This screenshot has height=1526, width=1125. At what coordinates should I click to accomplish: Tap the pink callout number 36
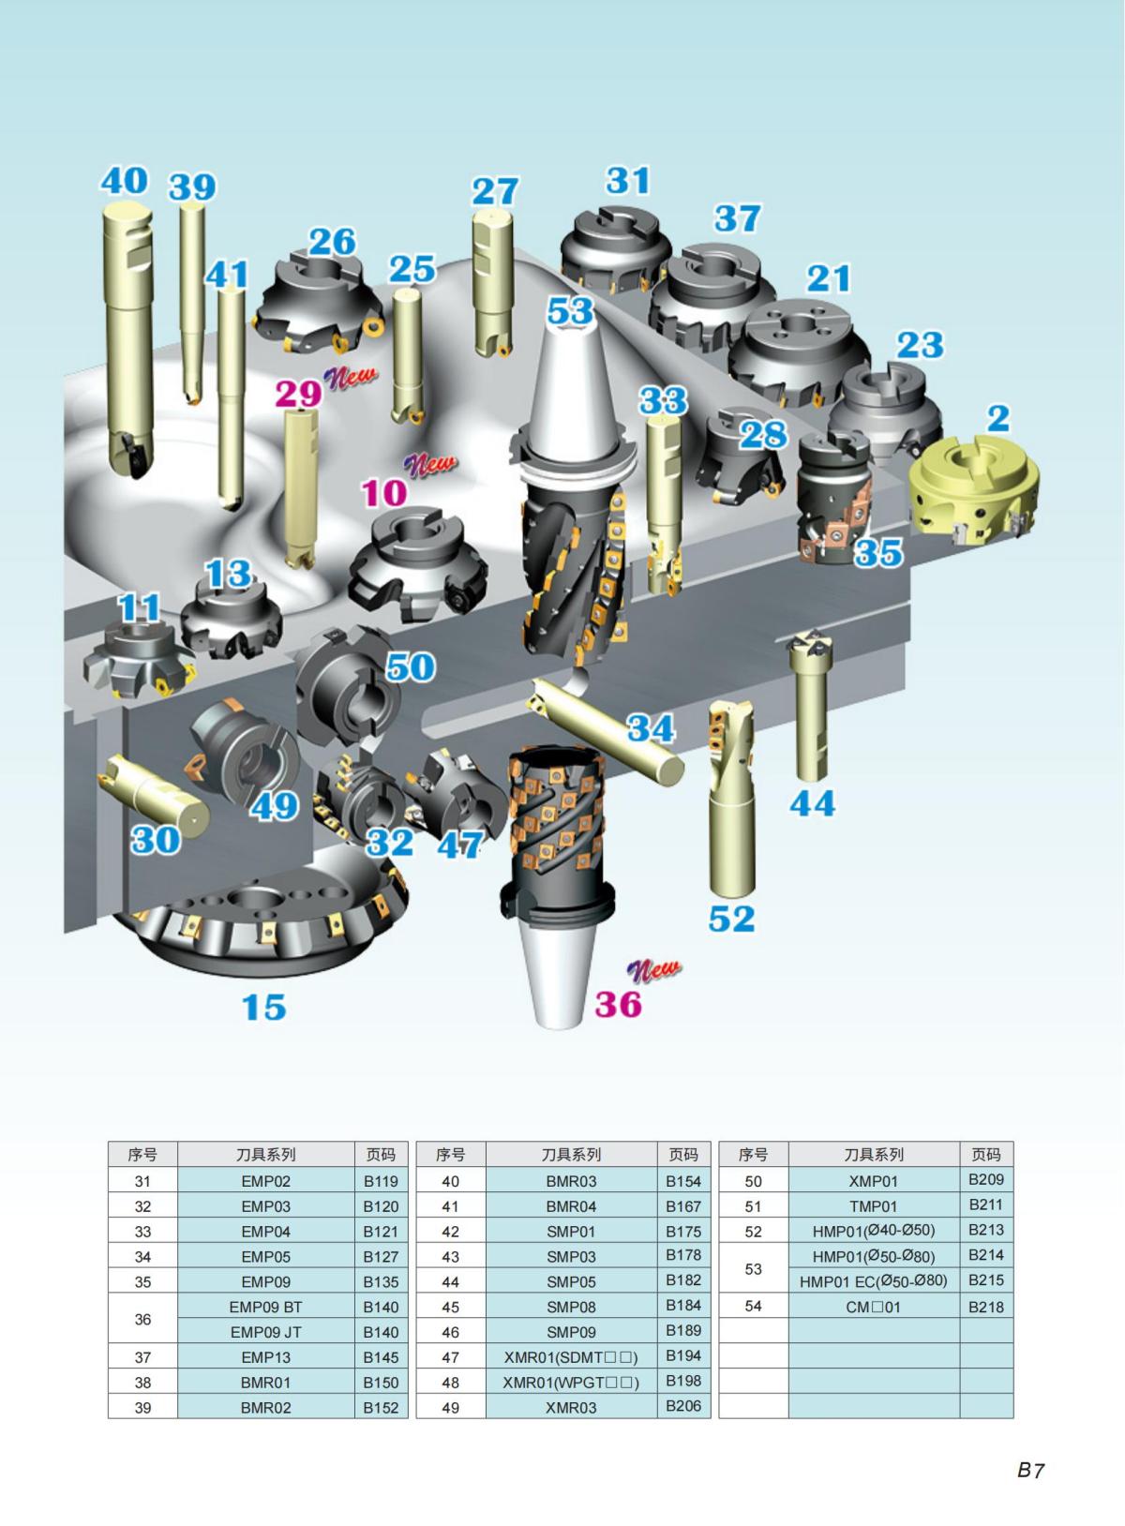coord(619,1004)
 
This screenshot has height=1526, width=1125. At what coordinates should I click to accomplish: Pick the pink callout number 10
coord(384,492)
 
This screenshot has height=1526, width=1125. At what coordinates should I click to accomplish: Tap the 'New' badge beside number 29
coord(351,377)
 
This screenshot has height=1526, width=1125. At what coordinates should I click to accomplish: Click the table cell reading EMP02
coord(265,1182)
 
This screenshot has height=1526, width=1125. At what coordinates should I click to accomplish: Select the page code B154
coord(683,1181)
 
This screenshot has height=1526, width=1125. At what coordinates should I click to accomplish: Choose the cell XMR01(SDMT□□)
coord(570,1356)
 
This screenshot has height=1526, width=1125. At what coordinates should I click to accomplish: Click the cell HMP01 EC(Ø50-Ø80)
coord(873,1280)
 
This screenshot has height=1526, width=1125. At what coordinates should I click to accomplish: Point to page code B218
coord(986,1306)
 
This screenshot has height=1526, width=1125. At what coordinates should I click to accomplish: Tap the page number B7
coord(1030,1470)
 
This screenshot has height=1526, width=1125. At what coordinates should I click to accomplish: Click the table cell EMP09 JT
coord(265,1332)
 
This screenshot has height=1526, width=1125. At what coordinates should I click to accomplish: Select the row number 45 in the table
coord(450,1307)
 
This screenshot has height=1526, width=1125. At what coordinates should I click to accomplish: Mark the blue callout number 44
coord(812,803)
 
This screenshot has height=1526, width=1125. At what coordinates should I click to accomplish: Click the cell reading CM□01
coord(873,1306)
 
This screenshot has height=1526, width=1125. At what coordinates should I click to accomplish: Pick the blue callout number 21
coord(829,277)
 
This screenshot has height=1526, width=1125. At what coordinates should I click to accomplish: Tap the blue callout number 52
coord(731,919)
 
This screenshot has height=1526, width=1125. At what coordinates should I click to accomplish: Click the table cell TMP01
coord(873,1206)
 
